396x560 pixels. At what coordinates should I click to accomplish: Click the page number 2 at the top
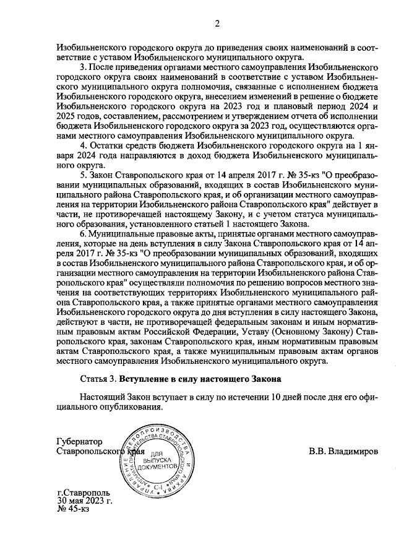click(x=217, y=24)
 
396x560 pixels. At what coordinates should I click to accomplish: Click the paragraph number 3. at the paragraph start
click(x=84, y=66)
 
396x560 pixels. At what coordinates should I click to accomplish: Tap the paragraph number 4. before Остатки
click(x=84, y=145)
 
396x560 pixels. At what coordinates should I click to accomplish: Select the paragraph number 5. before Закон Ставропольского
click(x=84, y=175)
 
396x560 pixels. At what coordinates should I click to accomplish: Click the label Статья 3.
click(x=99, y=378)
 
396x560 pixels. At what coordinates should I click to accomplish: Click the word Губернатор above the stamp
click(x=77, y=442)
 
